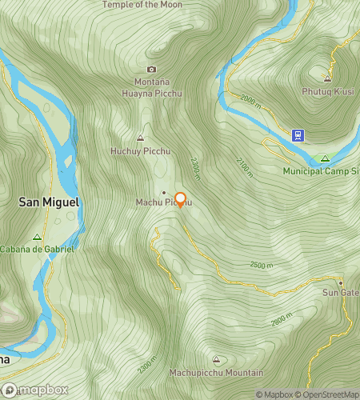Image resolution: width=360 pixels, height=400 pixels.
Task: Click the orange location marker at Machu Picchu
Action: point(180,200)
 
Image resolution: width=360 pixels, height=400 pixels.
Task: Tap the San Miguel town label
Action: point(50,203)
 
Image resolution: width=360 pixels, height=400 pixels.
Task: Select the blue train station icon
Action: point(298,135)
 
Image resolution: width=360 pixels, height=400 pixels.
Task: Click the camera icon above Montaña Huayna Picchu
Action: point(152,70)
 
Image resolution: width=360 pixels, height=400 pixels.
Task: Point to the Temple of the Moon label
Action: point(142,5)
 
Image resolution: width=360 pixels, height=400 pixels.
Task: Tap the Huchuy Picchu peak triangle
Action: point(141,138)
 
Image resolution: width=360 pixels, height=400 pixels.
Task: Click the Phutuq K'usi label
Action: point(326,90)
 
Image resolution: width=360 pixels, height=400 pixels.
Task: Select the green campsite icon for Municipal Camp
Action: point(325,158)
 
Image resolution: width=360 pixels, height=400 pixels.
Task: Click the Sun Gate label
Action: point(340,293)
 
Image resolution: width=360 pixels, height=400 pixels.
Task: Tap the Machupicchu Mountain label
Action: point(216,373)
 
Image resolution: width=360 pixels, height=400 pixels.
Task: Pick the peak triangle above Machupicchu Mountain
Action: point(216,360)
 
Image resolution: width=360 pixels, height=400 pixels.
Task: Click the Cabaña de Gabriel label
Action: point(37,249)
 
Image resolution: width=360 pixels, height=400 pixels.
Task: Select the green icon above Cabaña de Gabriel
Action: point(37,237)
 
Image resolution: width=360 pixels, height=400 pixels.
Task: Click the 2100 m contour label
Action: point(243,166)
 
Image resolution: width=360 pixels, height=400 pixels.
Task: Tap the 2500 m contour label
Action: point(262,265)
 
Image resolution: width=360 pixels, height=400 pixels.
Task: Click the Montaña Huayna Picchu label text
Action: point(152,86)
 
